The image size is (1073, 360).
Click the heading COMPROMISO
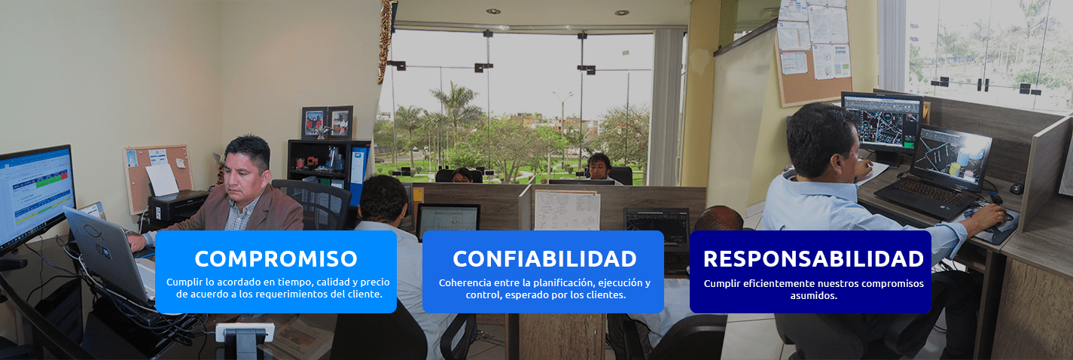[276, 259]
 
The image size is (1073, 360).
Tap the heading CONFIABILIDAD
[544, 259]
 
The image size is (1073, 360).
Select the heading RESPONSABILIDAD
[813, 259]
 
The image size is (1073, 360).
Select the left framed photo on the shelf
[314, 124]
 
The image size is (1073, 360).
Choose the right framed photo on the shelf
[340, 122]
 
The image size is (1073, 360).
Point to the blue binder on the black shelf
[358, 175]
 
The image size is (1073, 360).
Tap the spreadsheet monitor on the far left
[36, 194]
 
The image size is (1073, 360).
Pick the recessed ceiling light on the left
[493, 11]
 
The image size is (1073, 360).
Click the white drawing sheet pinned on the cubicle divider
[567, 210]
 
